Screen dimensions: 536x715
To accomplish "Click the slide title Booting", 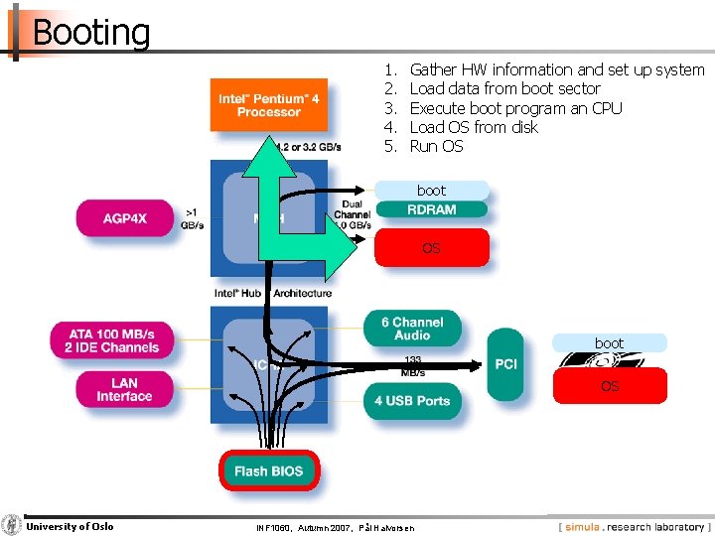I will coord(90,33).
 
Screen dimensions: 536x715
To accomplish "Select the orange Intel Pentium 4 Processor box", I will coord(268,105).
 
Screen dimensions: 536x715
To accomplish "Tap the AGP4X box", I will coord(124,218).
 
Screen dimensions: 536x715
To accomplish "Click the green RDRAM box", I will coord(431,209).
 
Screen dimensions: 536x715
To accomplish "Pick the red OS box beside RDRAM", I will coord(431,248).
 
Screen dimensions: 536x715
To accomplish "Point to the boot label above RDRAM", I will coord(431,190).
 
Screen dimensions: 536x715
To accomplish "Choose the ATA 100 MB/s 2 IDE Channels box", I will coord(111,341).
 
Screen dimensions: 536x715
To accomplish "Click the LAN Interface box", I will coord(124,389).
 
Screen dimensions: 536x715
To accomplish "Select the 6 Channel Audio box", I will coord(418,329).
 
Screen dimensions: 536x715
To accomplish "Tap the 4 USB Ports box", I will coord(412,401).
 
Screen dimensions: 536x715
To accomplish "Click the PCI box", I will coord(505,364).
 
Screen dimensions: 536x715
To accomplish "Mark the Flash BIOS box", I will coord(268,470).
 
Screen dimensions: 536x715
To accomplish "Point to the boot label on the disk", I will coord(609,343).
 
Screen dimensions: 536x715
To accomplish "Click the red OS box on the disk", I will coord(609,386).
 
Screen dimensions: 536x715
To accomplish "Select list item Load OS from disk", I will coord(473,127).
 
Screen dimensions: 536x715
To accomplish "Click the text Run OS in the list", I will coord(436,146).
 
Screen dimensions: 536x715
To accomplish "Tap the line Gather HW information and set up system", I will coord(556,69).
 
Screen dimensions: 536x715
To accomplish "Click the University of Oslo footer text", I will coord(70,526).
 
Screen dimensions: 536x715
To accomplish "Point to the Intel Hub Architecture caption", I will coord(273,293).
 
